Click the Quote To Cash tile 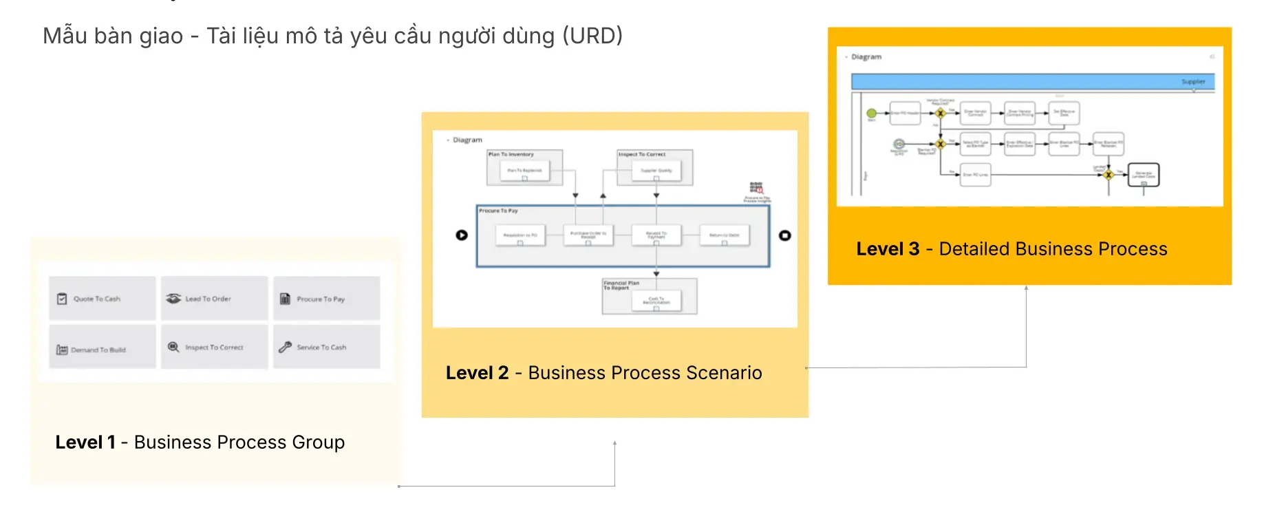(102, 299)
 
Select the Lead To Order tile (214, 299)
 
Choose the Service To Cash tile (326, 348)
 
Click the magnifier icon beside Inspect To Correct (173, 348)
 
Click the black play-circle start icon (462, 235)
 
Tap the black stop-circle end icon (784, 235)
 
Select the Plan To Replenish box (524, 171)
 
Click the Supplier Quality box (656, 171)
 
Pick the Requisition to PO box (520, 235)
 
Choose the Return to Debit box (724, 235)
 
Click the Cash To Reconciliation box (656, 301)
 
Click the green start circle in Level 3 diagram (871, 113)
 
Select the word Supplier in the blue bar (1193, 82)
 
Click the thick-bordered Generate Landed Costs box (1144, 175)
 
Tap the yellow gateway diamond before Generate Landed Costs (1108, 175)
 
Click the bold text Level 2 (477, 373)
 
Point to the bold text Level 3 (888, 249)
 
